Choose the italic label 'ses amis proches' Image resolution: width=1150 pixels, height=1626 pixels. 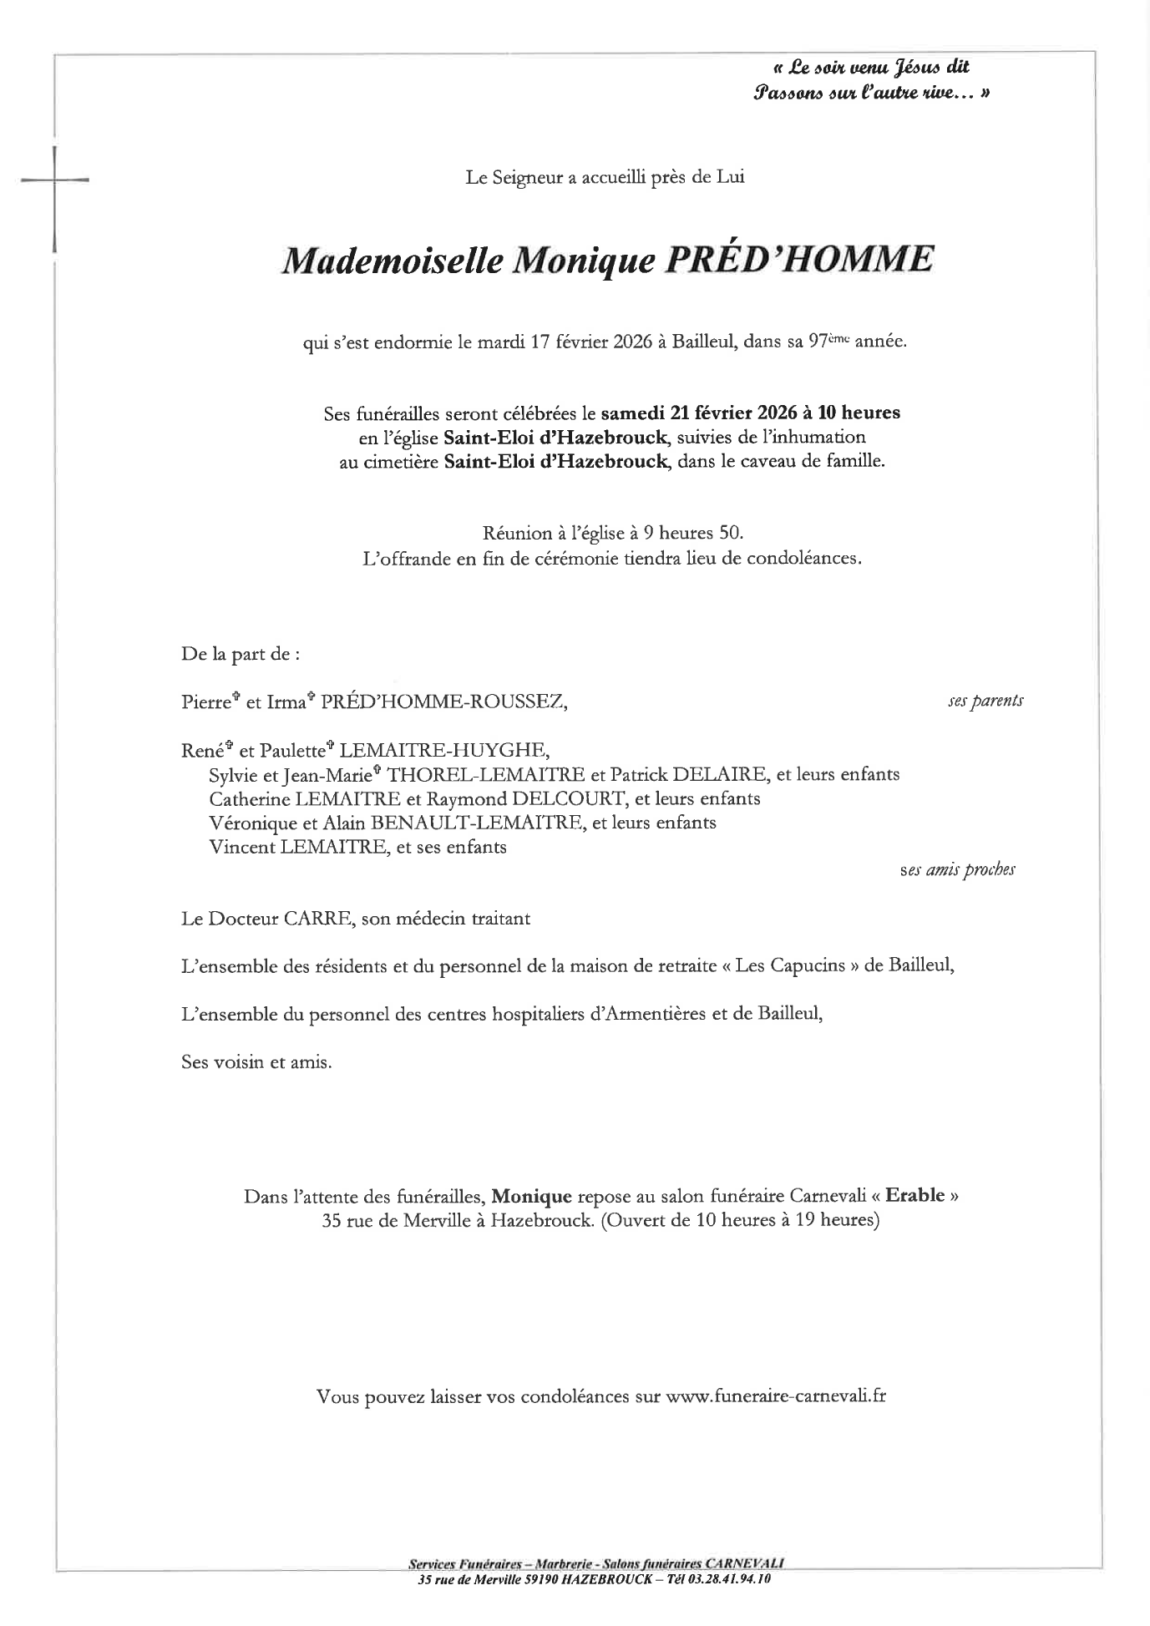(x=958, y=870)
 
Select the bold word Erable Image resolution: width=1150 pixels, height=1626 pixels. (x=914, y=1195)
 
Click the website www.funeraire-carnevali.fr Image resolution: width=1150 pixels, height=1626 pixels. (x=776, y=1396)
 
